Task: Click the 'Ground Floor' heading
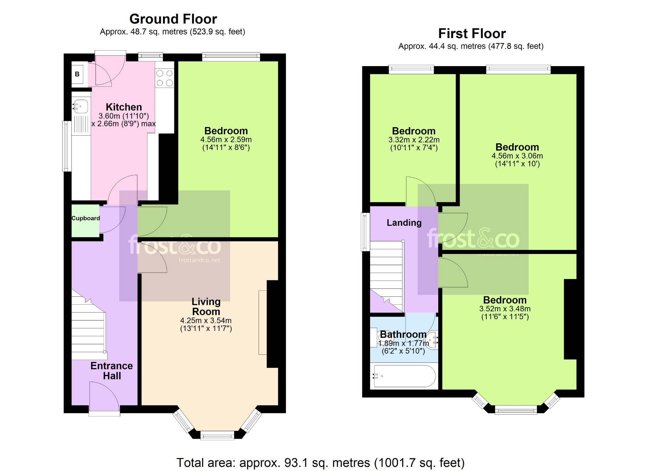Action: (x=173, y=19)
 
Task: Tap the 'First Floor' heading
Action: (x=472, y=34)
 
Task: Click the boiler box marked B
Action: (x=77, y=74)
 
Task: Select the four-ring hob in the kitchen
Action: (x=165, y=78)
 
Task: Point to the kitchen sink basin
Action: (x=81, y=106)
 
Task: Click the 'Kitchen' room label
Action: (x=124, y=107)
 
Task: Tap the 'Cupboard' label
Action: (x=86, y=218)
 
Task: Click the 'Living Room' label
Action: (x=206, y=307)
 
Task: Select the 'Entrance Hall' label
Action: (x=112, y=371)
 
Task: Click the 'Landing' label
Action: (x=404, y=223)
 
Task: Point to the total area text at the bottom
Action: (x=321, y=463)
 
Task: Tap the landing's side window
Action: (x=365, y=232)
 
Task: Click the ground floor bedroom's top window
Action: (x=231, y=57)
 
